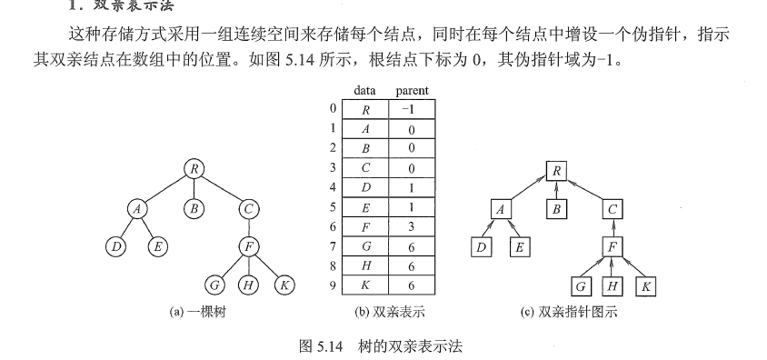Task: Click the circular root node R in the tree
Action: (x=194, y=168)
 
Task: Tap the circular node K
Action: (x=284, y=285)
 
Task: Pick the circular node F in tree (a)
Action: (x=249, y=246)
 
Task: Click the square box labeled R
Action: (x=558, y=170)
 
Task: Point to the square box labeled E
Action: (x=521, y=247)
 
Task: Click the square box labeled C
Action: (x=613, y=209)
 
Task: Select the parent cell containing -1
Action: (x=412, y=110)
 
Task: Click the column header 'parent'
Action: (x=413, y=90)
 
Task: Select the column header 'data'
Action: (x=364, y=90)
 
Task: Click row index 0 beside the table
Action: (x=334, y=110)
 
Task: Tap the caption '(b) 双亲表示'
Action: (x=388, y=312)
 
